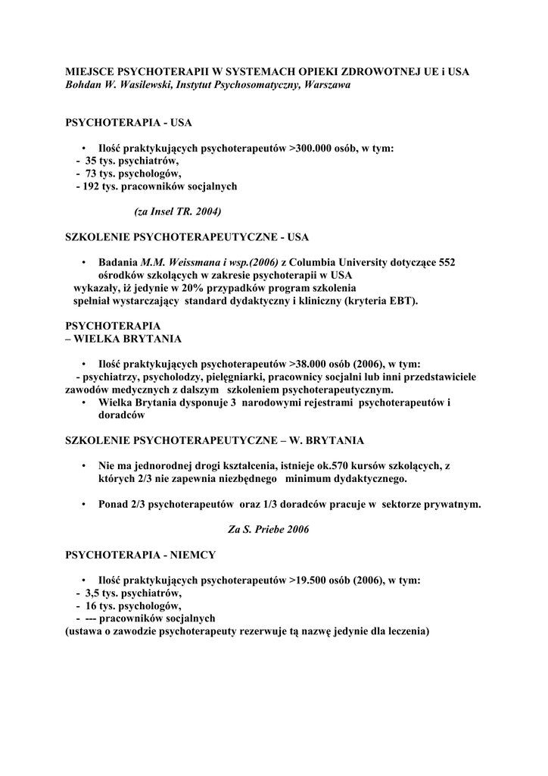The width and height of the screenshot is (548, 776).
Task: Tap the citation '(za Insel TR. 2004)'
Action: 178,211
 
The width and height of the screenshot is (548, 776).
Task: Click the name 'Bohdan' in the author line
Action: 85,85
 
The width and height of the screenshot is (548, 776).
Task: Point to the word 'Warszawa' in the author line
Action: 326,85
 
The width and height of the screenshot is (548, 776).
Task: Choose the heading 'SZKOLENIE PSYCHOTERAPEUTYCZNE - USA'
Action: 187,237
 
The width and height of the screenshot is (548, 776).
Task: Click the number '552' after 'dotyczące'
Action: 447,262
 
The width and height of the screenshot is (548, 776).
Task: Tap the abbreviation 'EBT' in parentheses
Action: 403,301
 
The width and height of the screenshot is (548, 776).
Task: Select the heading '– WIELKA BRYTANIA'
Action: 123,339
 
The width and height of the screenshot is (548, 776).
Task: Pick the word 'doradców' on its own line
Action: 122,415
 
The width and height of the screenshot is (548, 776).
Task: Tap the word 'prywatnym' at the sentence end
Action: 450,504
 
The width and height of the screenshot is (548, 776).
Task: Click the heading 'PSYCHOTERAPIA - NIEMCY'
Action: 141,555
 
